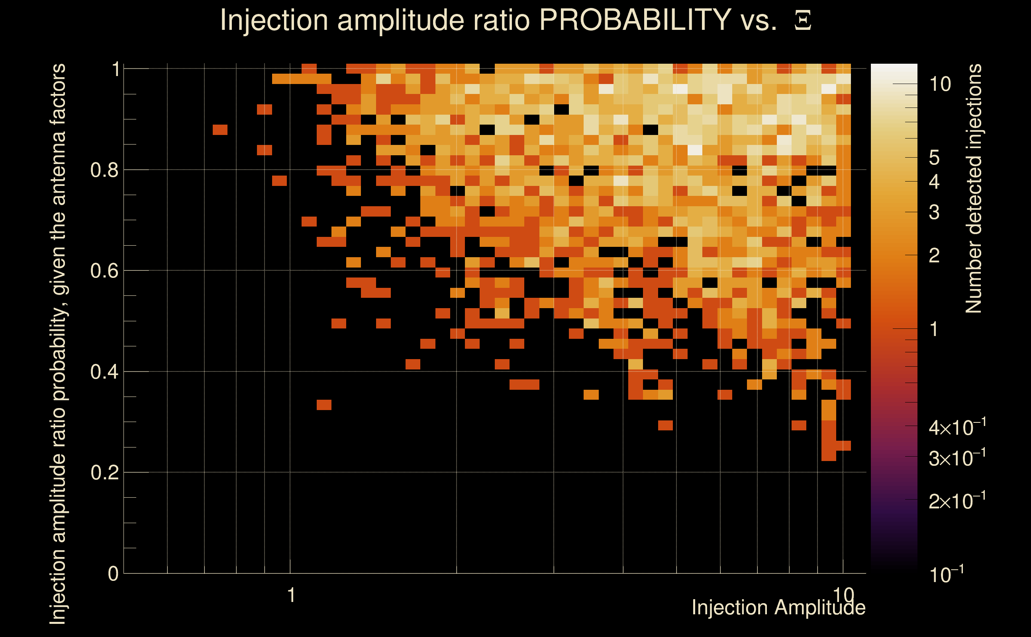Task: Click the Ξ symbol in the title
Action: (x=803, y=20)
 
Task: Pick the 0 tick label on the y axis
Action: (x=113, y=573)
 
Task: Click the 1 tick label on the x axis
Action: (x=291, y=595)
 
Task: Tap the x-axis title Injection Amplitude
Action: (x=778, y=608)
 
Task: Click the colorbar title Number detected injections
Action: (x=973, y=188)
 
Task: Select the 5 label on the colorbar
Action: (x=934, y=158)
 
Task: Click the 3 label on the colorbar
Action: (x=934, y=212)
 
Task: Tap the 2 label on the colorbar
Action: (x=934, y=255)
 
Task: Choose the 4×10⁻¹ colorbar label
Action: (x=957, y=428)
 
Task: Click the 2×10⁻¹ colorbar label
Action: (x=957, y=501)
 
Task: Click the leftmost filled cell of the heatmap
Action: (x=220, y=129)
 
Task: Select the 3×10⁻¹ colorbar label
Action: (x=957, y=458)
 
